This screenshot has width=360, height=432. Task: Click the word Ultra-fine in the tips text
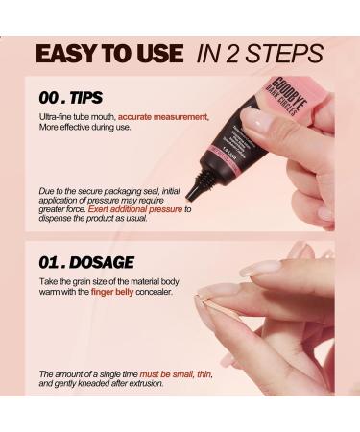pyautogui.click(x=57, y=117)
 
